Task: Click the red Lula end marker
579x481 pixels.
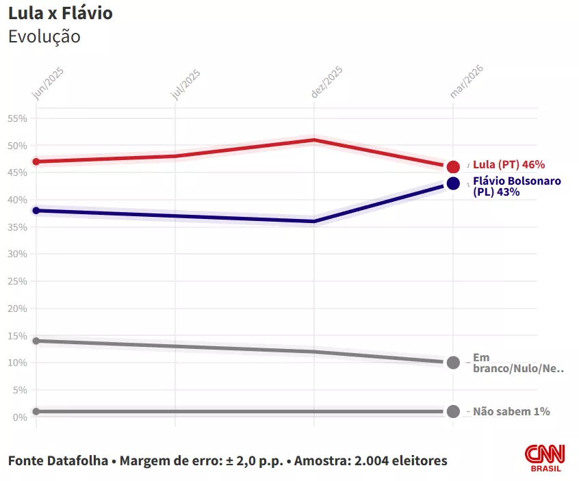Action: click(x=453, y=166)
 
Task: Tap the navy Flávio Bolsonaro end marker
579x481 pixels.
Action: click(x=453, y=183)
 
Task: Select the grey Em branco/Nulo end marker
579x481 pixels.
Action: click(x=453, y=363)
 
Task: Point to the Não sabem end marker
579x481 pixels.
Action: click(x=453, y=411)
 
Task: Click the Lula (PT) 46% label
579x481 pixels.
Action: click(x=509, y=165)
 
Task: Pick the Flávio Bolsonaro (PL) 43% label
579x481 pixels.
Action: click(x=517, y=187)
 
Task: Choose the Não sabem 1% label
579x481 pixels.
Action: click(x=511, y=412)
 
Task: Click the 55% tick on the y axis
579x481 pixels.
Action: click(x=17, y=118)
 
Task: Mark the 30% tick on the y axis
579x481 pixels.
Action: click(x=17, y=254)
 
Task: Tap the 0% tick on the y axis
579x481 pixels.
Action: click(x=20, y=417)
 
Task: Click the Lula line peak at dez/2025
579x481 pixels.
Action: click(x=313, y=140)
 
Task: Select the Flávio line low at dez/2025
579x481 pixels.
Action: click(x=313, y=222)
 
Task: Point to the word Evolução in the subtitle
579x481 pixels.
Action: click(x=44, y=37)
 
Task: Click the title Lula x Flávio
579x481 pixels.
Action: click(x=60, y=13)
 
